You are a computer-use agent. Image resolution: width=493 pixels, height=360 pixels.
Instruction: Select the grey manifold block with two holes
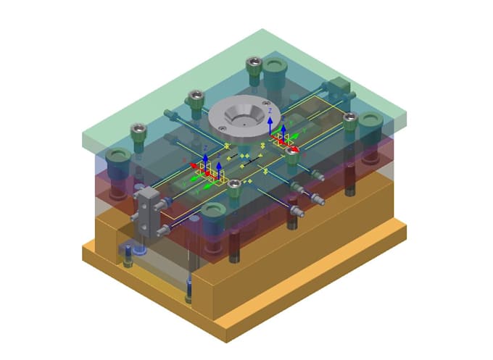147,209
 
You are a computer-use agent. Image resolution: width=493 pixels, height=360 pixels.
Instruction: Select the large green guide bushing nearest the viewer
212,214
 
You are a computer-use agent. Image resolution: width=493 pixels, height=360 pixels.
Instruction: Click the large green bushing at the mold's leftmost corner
117,159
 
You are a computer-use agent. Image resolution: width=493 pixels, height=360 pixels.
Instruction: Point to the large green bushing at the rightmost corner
370,122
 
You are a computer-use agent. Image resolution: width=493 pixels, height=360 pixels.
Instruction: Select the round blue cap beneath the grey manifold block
140,250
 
